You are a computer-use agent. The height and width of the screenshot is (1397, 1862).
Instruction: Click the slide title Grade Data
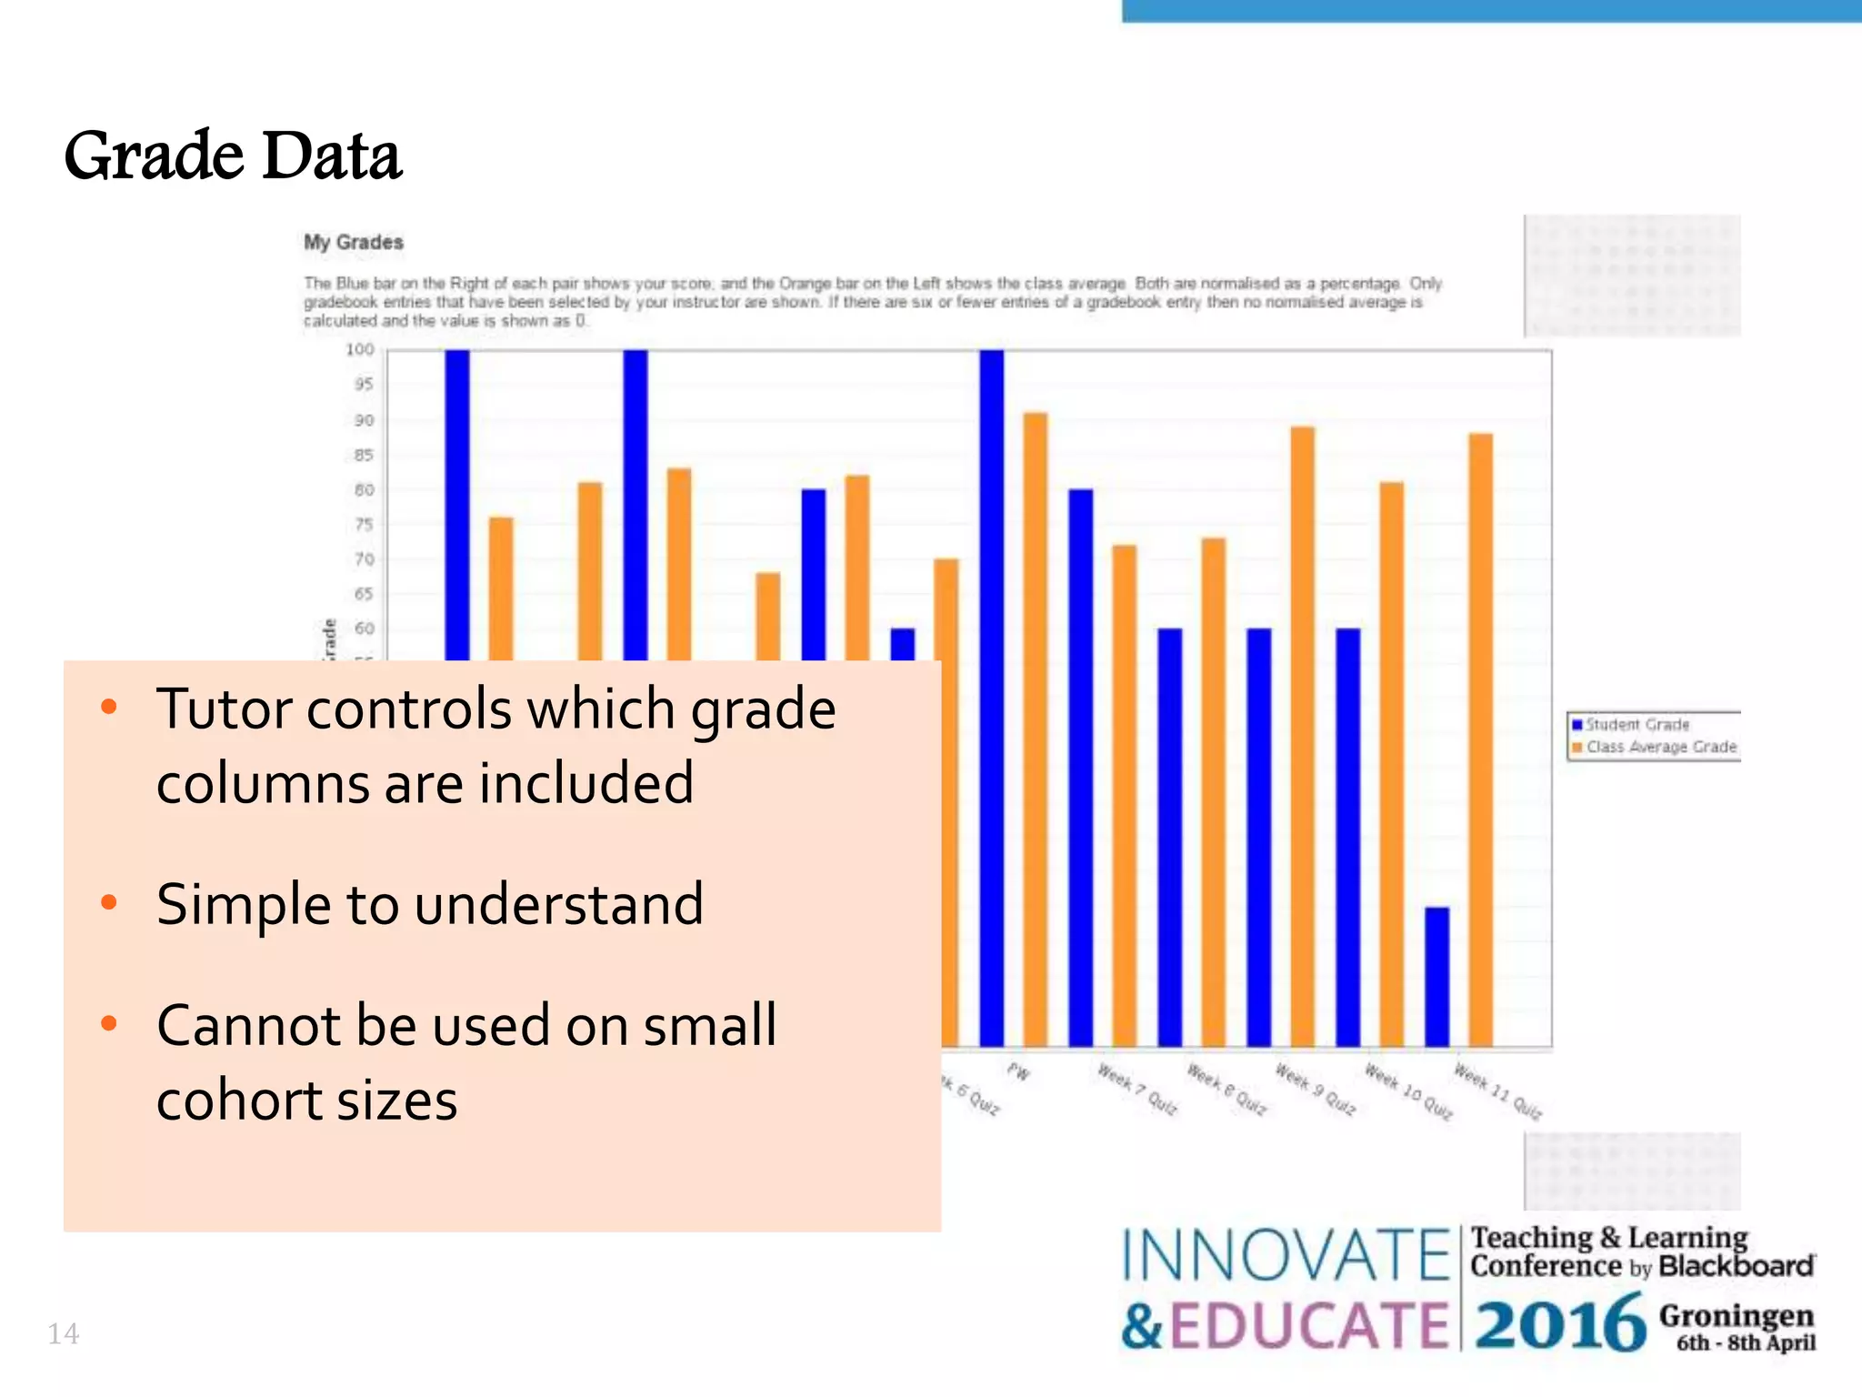pyautogui.click(x=233, y=156)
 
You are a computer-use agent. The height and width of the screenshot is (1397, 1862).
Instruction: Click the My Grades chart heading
pyautogui.click(x=354, y=242)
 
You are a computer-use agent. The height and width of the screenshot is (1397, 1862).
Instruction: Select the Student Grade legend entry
pyautogui.click(x=1637, y=724)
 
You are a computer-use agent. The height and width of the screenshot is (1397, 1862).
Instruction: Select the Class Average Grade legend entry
pyautogui.click(x=1660, y=747)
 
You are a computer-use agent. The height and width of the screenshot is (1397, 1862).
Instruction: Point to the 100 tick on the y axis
pyautogui.click(x=360, y=349)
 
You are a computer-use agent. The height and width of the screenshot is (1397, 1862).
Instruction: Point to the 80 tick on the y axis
pyautogui.click(x=364, y=489)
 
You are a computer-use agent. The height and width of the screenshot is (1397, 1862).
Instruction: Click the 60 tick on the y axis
pyautogui.click(x=364, y=628)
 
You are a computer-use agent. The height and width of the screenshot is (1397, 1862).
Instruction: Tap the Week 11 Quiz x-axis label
pyautogui.click(x=1497, y=1090)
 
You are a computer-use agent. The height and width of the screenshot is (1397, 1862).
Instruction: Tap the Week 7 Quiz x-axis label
pyautogui.click(x=1136, y=1089)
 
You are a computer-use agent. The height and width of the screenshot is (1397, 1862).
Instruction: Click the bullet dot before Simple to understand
pyautogui.click(x=109, y=902)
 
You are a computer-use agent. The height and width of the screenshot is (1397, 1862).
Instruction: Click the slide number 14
pyautogui.click(x=63, y=1333)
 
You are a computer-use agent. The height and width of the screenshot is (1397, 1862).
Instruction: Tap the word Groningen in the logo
pyautogui.click(x=1736, y=1315)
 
